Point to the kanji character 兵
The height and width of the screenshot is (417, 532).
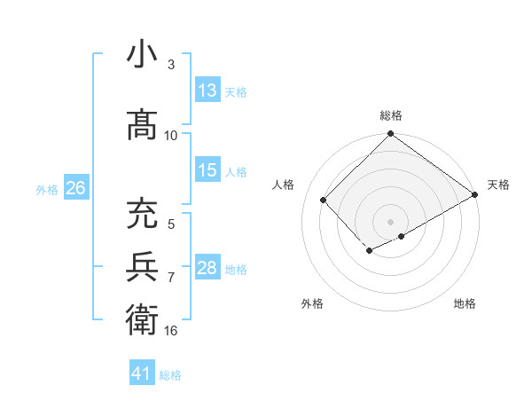click(143, 265)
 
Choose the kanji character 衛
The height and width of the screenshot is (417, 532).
click(143, 318)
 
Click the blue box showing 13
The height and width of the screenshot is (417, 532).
click(207, 90)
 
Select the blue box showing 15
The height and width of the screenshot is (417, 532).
click(207, 170)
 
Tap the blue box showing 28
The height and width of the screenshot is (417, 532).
click(207, 268)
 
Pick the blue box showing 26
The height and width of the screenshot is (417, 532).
click(76, 188)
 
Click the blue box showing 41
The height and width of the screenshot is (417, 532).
click(142, 374)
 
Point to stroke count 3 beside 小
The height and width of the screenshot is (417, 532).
click(171, 65)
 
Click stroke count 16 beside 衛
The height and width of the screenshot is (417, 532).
click(171, 330)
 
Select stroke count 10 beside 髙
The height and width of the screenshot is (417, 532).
click(171, 135)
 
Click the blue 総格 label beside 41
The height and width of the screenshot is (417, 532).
click(170, 374)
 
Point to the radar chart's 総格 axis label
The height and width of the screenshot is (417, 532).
click(391, 115)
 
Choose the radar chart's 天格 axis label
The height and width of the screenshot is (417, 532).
click(498, 185)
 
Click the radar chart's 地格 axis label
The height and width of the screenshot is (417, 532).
click(465, 303)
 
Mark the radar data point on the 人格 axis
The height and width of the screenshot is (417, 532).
click(324, 200)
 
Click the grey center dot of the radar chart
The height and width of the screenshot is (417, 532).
click(390, 221)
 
